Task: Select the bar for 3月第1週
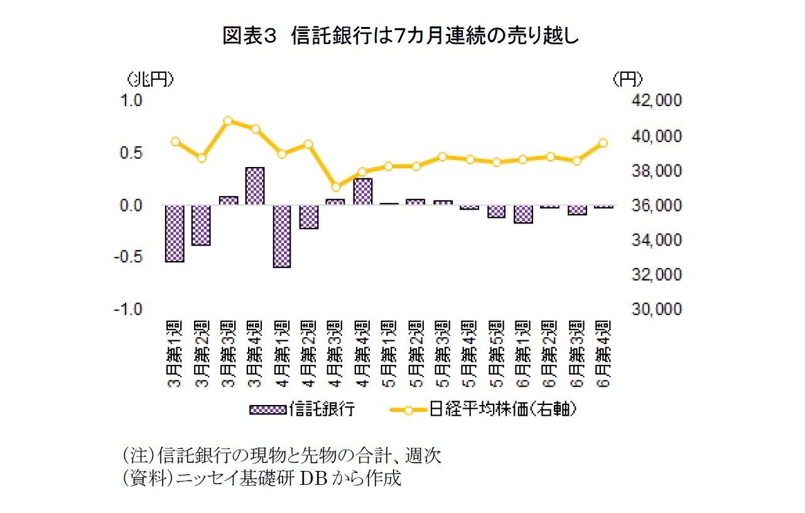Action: pos(175,234)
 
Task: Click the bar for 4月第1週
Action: pos(282,236)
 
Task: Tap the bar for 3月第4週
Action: pos(255,186)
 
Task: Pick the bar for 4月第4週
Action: pos(363,192)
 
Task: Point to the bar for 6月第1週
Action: pos(523,214)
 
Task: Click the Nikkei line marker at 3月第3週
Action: pos(229,121)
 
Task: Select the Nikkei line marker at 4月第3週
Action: pos(336,186)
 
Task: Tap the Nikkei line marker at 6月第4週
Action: pos(603,143)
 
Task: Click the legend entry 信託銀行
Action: pos(303,410)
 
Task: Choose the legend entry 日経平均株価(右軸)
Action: pos(483,410)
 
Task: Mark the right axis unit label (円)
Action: pos(627,79)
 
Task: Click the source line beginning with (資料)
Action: pos(261,478)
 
